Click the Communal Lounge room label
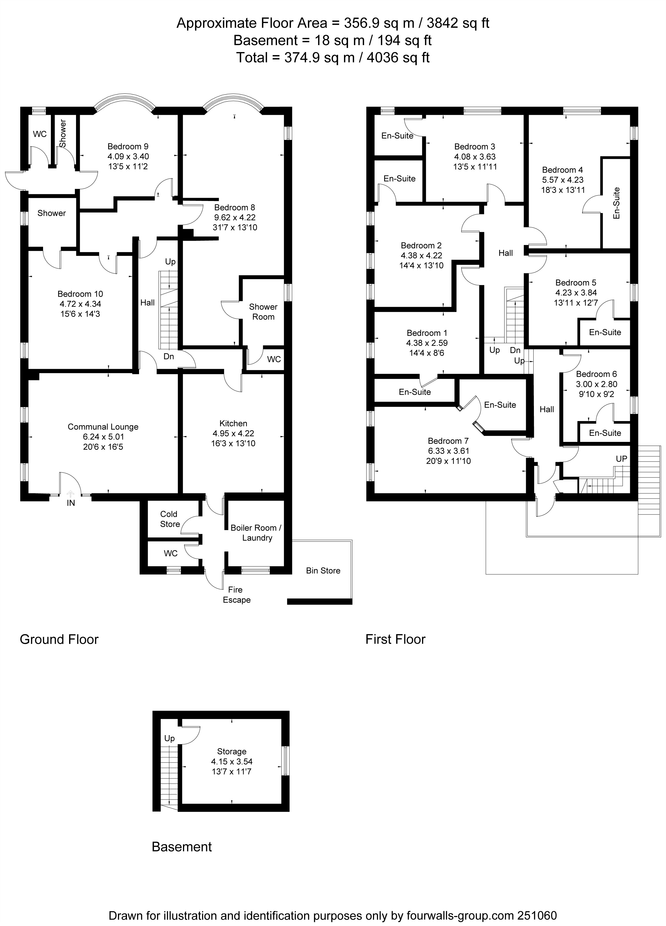103,427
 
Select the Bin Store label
323,570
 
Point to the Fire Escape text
236,595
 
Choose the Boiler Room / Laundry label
256,532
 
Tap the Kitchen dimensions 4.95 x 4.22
233,433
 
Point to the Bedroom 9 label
128,146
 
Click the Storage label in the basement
231,751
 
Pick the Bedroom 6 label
596,374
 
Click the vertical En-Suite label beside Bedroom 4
616,203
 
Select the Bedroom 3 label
475,146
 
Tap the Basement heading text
182,846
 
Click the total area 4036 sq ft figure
398,58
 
